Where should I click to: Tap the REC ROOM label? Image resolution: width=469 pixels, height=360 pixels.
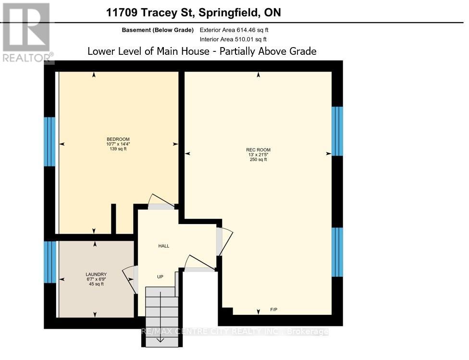pos(258,150)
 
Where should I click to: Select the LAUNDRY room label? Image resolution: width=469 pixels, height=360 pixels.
pos(93,274)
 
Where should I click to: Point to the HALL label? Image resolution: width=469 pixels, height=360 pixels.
pos(164,246)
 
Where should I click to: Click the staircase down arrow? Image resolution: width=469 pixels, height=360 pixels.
pos(160,338)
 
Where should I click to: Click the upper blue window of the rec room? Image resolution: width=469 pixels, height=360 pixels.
pos(338,131)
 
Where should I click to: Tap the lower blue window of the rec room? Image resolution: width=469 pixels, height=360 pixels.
pos(338,252)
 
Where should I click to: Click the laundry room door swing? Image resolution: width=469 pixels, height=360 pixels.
pos(129,278)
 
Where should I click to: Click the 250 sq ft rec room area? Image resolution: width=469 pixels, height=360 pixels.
pos(258,160)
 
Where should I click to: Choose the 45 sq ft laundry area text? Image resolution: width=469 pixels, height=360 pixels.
pos(93,284)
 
